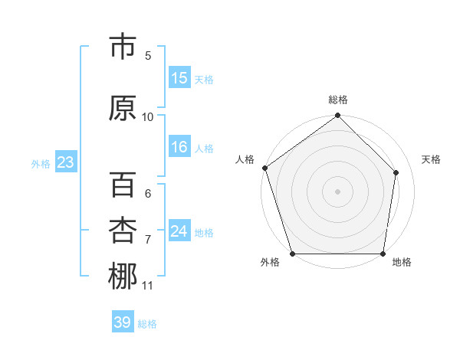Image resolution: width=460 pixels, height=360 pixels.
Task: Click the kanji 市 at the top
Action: pyautogui.click(x=123, y=47)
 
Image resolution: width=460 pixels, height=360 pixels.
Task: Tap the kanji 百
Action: pyautogui.click(x=123, y=186)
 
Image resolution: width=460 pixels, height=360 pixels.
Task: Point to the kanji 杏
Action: pyautogui.click(x=123, y=231)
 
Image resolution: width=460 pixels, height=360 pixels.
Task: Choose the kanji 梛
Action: pyautogui.click(x=123, y=277)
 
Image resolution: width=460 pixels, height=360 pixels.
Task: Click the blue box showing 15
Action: pyautogui.click(x=179, y=78)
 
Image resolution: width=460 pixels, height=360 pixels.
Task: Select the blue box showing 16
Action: pyautogui.click(x=179, y=148)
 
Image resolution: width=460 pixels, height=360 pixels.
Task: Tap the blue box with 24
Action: pyautogui.click(x=179, y=231)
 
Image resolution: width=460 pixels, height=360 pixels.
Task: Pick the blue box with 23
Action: pyautogui.click(x=65, y=162)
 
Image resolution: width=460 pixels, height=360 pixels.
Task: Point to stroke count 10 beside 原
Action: pyautogui.click(x=148, y=116)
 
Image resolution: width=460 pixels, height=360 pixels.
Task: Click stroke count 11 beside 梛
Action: pyautogui.click(x=148, y=286)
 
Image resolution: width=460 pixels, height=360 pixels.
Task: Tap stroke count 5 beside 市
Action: pyautogui.click(x=148, y=55)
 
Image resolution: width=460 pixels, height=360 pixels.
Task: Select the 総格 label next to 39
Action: pyautogui.click(x=148, y=324)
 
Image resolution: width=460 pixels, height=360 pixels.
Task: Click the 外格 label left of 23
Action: pyautogui.click(x=41, y=164)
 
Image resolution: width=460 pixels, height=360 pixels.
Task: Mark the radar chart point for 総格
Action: pyautogui.click(x=337, y=116)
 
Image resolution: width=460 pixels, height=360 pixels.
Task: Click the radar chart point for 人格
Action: pyautogui.click(x=264, y=168)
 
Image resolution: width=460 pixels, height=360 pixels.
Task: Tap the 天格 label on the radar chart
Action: pyautogui.click(x=431, y=159)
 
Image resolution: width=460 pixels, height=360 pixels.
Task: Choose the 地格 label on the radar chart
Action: pyautogui.click(x=402, y=262)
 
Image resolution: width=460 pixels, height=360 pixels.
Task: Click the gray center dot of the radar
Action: pyautogui.click(x=337, y=191)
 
